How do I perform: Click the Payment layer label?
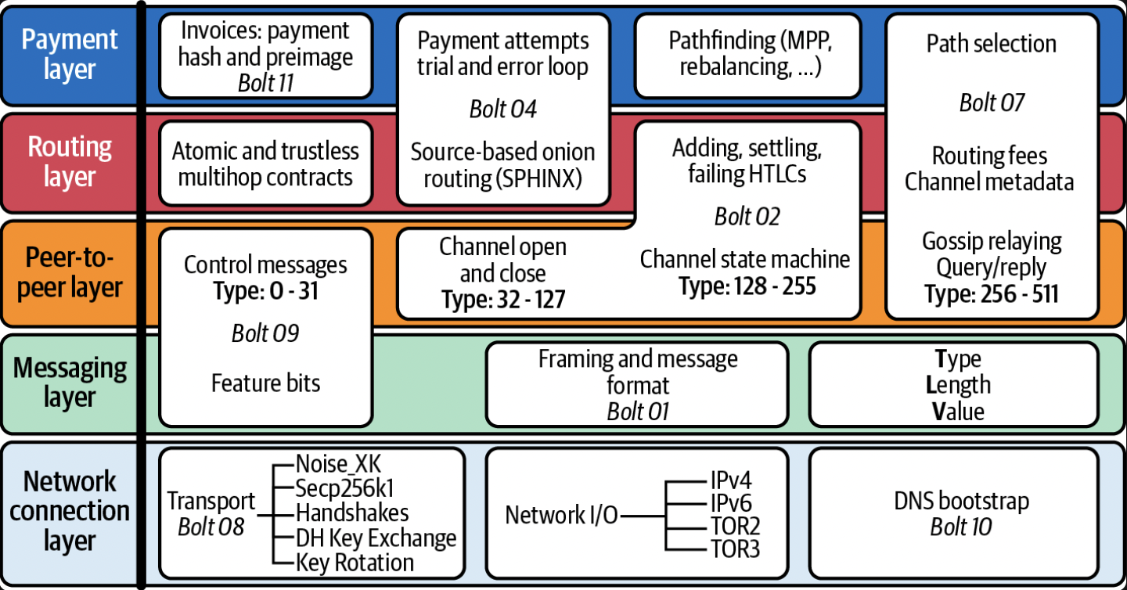coord(70,54)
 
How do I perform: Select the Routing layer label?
coord(70,162)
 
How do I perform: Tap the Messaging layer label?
coord(70,383)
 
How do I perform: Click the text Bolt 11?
coord(266,83)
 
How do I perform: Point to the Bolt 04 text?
coord(503,109)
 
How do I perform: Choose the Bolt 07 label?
coord(992,103)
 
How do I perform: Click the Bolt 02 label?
coord(747,217)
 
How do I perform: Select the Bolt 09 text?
coord(265,333)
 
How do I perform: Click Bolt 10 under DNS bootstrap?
coord(961,527)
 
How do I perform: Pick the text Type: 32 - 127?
coord(503,300)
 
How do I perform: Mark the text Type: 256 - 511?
coord(991,293)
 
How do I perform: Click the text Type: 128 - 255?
coord(747,286)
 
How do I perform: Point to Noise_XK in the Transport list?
coord(338,464)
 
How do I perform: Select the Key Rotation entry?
coord(355,563)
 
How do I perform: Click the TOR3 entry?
coord(735,549)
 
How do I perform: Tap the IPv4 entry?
coord(731,480)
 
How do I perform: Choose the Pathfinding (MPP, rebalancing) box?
coord(750,54)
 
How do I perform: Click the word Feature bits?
coord(265,383)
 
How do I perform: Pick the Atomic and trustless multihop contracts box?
coord(265,164)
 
